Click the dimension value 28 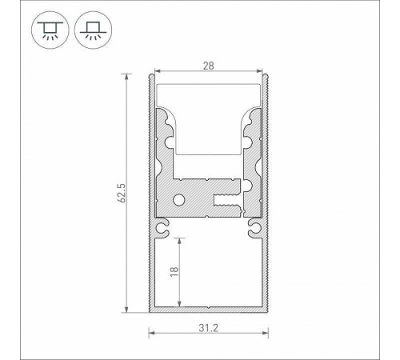tap(208, 66)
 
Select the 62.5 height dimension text tap(122, 193)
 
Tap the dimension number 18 tap(174, 271)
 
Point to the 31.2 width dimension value tap(208, 328)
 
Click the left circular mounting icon tap(50, 30)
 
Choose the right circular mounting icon tap(93, 30)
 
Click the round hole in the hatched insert tap(178, 199)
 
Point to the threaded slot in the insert tap(226, 200)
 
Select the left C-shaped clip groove tap(162, 227)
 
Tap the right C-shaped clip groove tap(254, 227)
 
